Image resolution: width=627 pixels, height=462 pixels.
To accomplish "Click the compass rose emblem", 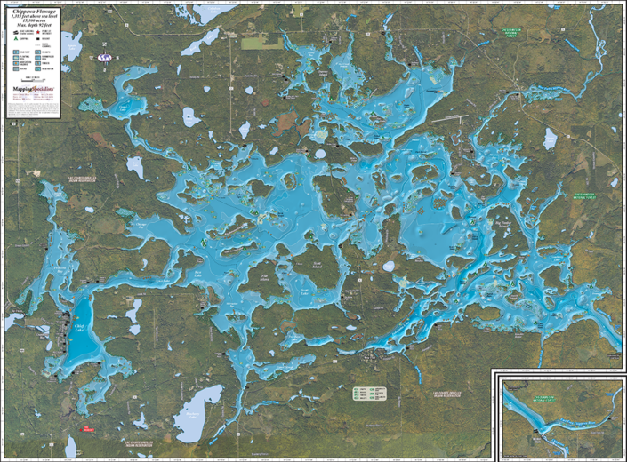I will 105,56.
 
